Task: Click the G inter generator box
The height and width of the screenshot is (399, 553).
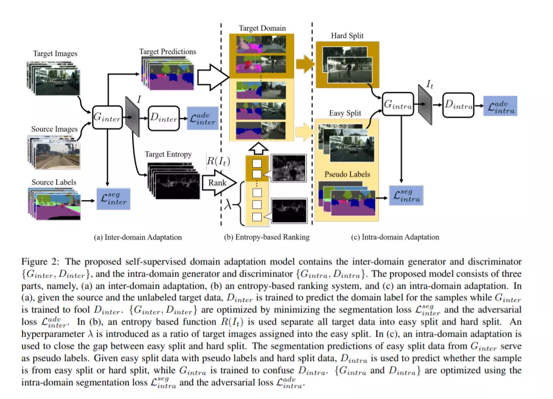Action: point(107,117)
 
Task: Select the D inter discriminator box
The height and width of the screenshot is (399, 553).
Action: point(164,118)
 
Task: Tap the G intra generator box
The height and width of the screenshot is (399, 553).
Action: point(398,104)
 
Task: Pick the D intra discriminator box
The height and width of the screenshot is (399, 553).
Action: point(458,105)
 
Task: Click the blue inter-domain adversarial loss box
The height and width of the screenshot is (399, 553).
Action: point(203,118)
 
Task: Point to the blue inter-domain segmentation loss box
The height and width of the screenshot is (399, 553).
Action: point(113,199)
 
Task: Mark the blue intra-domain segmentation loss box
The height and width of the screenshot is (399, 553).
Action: point(406,195)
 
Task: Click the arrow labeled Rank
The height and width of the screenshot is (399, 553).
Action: point(219,183)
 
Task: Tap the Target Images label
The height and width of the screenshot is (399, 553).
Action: point(55,53)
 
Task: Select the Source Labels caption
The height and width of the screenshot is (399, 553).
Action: point(53,182)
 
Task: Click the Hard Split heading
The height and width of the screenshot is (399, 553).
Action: point(347,36)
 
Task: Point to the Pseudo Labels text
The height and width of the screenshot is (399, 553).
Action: point(347,174)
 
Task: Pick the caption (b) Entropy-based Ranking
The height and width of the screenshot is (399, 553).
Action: point(267,237)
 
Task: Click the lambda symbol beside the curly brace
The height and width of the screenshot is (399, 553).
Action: point(228,204)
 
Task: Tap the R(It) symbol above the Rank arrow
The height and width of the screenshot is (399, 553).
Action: point(218,161)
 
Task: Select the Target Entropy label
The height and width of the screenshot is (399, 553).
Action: point(168,154)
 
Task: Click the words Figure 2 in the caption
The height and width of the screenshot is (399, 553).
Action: point(40,262)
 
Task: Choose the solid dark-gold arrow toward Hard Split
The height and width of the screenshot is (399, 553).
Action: point(305,64)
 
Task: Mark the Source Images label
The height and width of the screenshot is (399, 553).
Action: point(55,129)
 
